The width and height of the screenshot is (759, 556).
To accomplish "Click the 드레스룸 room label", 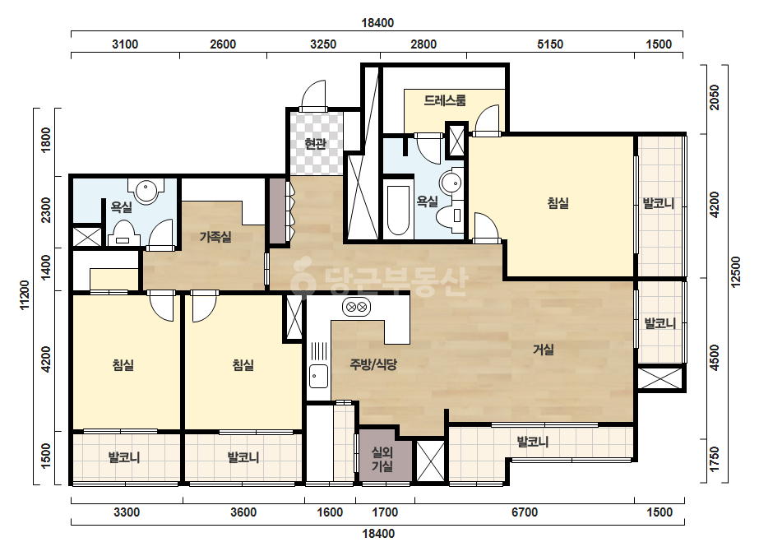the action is click(445, 100).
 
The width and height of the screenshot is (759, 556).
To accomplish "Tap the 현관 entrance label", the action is click(316, 144).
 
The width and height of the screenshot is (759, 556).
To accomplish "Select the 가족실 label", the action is click(216, 237).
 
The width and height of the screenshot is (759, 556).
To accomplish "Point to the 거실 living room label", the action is click(543, 350).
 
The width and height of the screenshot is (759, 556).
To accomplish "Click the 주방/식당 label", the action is click(373, 364).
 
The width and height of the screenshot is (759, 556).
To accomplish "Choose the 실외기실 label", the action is click(382, 459).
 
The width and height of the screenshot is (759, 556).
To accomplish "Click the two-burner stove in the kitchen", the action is click(357, 307).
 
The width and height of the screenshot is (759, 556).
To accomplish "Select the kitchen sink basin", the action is click(318, 377).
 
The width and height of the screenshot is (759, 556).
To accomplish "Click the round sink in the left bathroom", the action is click(146, 191).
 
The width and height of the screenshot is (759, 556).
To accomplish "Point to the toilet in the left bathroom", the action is click(123, 233).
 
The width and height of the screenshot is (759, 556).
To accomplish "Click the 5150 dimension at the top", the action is click(550, 44).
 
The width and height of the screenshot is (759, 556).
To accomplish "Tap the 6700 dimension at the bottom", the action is click(525, 512).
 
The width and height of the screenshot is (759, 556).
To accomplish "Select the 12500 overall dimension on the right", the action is click(736, 271).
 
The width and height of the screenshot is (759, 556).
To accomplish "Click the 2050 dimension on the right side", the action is click(715, 97).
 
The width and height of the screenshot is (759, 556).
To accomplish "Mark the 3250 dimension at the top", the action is click(323, 44).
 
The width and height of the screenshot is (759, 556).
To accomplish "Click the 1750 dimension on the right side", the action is click(715, 459).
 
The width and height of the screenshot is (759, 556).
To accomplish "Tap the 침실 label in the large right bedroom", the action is click(558, 203).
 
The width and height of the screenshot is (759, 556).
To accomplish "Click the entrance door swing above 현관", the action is click(312, 95).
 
